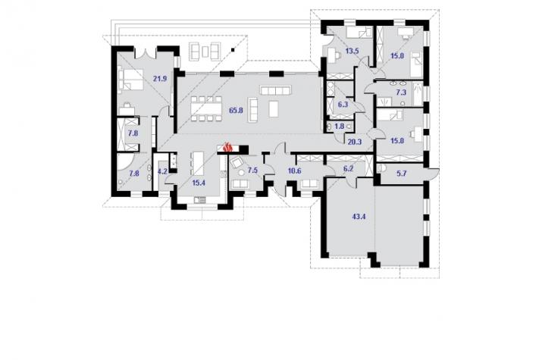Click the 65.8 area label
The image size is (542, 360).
click(x=236, y=111)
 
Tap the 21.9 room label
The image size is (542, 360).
click(x=160, y=79)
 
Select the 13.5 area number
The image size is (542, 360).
click(x=352, y=51)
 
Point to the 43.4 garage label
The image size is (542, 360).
click(x=359, y=217)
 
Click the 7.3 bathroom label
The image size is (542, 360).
click(x=401, y=92)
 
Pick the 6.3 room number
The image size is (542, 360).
click(x=343, y=105)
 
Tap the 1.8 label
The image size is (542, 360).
click(x=340, y=127)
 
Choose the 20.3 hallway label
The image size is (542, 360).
click(x=355, y=141)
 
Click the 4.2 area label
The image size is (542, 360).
click(x=162, y=172)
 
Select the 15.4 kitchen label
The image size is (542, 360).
click(x=199, y=183)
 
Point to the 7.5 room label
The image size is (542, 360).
click(x=253, y=171)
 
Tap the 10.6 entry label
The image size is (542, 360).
click(x=295, y=171)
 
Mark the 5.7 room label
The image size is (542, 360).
click(x=401, y=174)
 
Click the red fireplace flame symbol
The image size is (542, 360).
click(x=227, y=148)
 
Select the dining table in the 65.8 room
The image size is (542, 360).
click(x=206, y=109)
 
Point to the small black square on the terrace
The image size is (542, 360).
click(x=233, y=49)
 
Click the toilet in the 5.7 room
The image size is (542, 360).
click(x=381, y=168)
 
